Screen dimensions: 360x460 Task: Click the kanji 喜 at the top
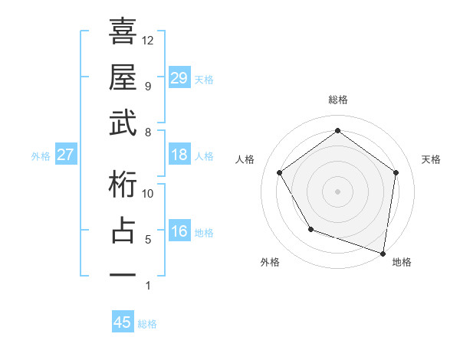pyautogui.click(x=123, y=33)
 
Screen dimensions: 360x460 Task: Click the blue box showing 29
pyautogui.click(x=179, y=77)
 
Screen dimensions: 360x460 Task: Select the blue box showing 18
pyautogui.click(x=179, y=155)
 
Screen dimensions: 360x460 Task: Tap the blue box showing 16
pyautogui.click(x=179, y=231)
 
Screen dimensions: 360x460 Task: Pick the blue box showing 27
pyautogui.click(x=66, y=155)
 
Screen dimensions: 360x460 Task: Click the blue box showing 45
pyautogui.click(x=123, y=322)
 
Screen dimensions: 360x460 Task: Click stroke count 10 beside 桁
pyautogui.click(x=148, y=194)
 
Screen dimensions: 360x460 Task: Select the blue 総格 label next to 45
pyautogui.click(x=147, y=324)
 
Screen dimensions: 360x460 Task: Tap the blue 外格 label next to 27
pyautogui.click(x=41, y=156)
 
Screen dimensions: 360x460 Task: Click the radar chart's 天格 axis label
pyautogui.click(x=431, y=159)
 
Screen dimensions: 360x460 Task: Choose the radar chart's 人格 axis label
pyautogui.click(x=245, y=159)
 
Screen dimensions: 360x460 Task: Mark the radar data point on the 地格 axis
pyautogui.click(x=383, y=253)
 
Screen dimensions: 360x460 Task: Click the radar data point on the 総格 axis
pyautogui.click(x=337, y=131)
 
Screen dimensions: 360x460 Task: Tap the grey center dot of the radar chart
pyautogui.click(x=337, y=191)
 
